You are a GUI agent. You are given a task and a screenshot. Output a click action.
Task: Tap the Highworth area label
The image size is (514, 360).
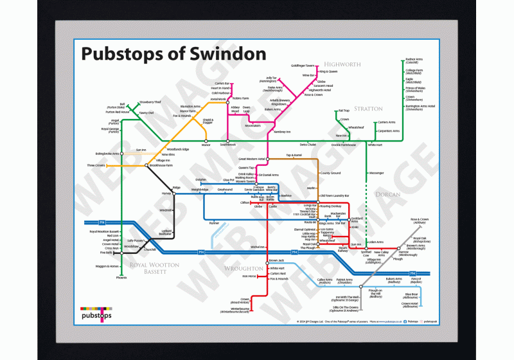pos(343,65)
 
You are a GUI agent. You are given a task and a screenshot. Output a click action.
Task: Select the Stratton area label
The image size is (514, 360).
pos(368,109)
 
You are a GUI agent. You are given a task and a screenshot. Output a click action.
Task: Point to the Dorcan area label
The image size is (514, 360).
pos(389,194)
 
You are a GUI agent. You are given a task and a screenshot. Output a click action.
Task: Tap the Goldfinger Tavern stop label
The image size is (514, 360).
pos(303,66)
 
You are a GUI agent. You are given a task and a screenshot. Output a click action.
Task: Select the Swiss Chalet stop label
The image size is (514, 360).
pos(308,145)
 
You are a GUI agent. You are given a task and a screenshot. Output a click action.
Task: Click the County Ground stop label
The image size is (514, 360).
pos(330,174)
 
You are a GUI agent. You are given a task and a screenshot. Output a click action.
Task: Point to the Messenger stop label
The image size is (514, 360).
pos(377,173)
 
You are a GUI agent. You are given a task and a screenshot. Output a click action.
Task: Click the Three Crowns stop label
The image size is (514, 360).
pos(96,166)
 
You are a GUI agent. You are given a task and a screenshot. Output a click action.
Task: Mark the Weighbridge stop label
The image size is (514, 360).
pos(200,190)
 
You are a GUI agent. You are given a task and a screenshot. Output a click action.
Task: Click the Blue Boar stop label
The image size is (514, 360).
pos(411,294)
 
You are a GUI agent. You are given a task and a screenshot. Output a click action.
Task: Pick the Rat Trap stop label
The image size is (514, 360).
pos(343,111)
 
